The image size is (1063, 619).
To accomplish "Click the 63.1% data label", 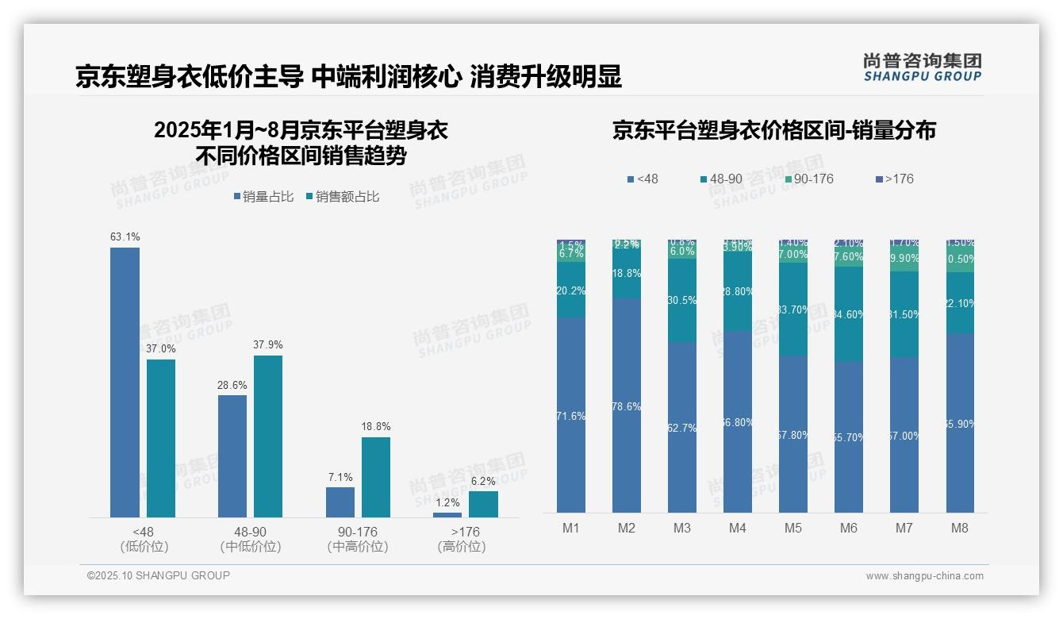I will tap(125, 236).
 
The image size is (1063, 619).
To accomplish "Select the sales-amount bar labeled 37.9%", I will tap(268, 436).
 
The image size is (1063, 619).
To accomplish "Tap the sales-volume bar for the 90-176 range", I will tap(340, 502).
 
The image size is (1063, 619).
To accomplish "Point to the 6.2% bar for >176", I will tap(483, 504).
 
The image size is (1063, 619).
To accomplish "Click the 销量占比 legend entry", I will tap(263, 197).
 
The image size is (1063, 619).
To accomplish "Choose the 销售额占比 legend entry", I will tap(342, 197).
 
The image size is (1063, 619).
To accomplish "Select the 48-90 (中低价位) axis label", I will tap(251, 539).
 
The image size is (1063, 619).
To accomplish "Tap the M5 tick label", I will tap(793, 529).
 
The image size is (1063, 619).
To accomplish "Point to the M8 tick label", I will tap(960, 529).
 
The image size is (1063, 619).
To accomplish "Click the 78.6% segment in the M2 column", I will tap(627, 406).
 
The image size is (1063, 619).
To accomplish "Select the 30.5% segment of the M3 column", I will tap(682, 300).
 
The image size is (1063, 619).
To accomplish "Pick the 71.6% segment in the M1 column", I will tap(571, 415).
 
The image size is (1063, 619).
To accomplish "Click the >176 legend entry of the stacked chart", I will tap(893, 179).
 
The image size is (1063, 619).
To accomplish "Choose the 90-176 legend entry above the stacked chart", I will tap(808, 179).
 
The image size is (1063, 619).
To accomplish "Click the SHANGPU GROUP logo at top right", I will tap(922, 67).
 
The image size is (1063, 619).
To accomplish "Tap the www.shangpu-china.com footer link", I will tap(924, 576).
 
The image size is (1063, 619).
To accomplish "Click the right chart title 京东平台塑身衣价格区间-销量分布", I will tap(773, 130).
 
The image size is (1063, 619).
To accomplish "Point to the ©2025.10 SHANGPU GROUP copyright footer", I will tap(159, 575).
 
